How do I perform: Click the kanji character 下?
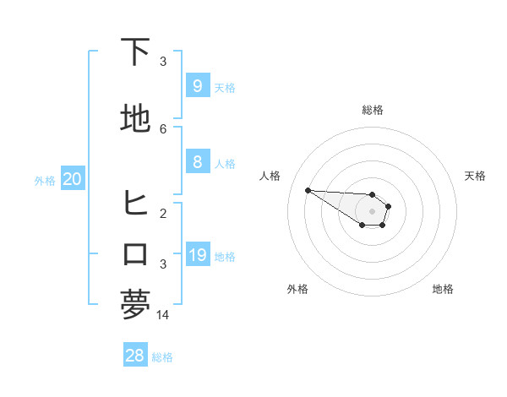136,52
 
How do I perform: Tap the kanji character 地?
136,119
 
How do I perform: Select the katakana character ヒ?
136,204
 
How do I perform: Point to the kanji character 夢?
136,304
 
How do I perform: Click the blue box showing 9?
197,86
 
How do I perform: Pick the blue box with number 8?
197,162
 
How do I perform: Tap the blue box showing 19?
197,255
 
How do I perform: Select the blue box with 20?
72,179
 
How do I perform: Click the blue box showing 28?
134,356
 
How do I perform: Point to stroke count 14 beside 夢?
163,314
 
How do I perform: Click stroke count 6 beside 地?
163,128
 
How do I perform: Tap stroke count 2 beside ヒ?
163,213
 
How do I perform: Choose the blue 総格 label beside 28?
162,357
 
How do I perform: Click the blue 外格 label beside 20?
45,180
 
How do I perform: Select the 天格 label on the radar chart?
475,176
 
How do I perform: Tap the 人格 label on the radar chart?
270,176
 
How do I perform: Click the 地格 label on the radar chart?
443,289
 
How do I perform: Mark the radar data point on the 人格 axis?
308,190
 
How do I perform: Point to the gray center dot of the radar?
372,210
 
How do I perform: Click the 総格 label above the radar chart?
373,110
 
